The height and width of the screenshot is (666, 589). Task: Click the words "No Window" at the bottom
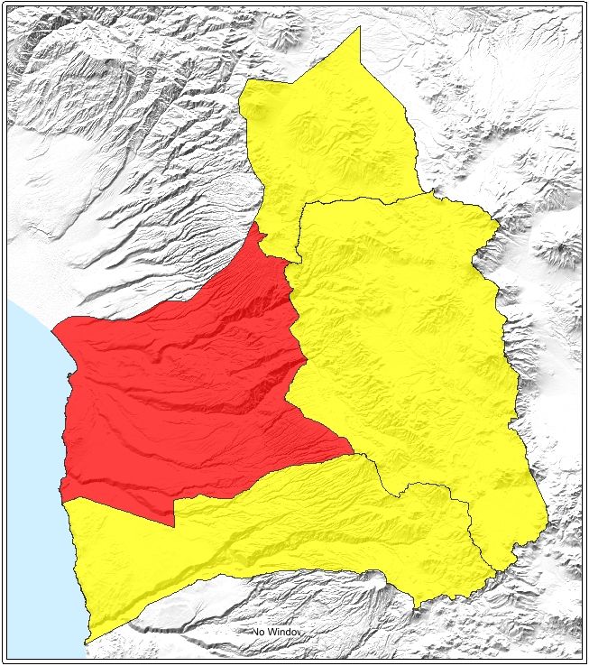pyautogui.click(x=277, y=633)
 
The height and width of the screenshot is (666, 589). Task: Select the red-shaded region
pyautogui.click(x=180, y=388)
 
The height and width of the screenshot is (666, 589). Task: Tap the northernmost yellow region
pyautogui.click(x=334, y=135)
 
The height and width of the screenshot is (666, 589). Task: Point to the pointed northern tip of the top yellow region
pyautogui.click(x=360, y=28)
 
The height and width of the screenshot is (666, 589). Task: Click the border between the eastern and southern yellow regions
pyautogui.click(x=424, y=486)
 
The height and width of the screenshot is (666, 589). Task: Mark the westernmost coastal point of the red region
pyautogui.click(x=52, y=329)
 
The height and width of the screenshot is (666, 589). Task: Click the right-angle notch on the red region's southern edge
pyautogui.click(x=174, y=524)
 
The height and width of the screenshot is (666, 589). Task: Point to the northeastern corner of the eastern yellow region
pyautogui.click(x=497, y=219)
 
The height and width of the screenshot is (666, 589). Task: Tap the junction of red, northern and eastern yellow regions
pyautogui.click(x=290, y=263)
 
